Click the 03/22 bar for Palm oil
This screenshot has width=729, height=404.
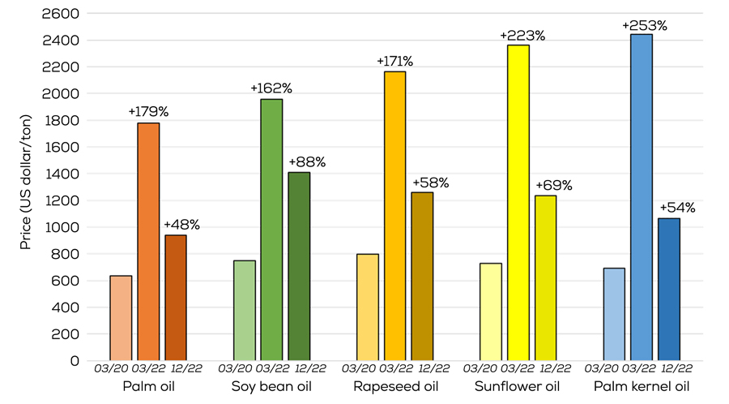click(148, 242)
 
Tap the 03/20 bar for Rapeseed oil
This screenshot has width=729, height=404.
click(368, 307)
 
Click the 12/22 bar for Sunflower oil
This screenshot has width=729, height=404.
click(546, 277)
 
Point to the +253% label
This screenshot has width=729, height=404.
click(644, 25)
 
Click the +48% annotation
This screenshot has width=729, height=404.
click(181, 225)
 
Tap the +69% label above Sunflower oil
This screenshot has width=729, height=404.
click(553, 185)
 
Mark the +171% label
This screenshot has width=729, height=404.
click(394, 61)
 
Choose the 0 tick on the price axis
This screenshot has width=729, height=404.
click(75, 360)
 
